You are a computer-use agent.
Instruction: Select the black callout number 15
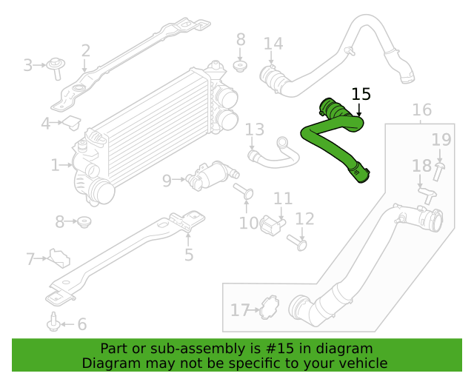point(361,94)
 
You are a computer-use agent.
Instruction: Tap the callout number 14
point(273,44)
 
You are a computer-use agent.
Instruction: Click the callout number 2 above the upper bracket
point(86,51)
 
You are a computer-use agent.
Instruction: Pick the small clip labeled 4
point(72,122)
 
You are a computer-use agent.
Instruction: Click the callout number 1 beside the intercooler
point(55,165)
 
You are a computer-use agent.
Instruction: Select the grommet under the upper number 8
point(240,67)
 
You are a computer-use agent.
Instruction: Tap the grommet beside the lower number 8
point(84,222)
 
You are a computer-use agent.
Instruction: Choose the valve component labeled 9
point(212,175)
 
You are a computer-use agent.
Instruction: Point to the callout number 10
point(249,224)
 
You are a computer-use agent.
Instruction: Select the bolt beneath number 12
point(297,242)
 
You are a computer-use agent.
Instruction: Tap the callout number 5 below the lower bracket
point(189,255)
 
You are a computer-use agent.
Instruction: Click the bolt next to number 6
point(54,322)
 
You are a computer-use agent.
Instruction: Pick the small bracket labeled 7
point(60,258)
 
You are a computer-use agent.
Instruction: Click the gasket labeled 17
point(270,308)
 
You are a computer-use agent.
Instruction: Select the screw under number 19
point(438,172)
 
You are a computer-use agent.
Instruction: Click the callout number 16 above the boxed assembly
point(422,110)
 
